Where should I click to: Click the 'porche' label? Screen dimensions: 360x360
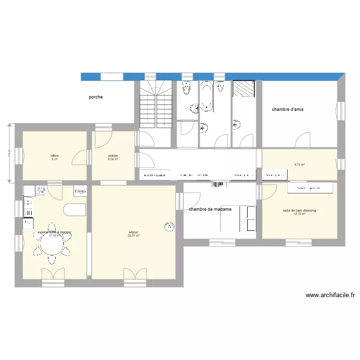point(96,97)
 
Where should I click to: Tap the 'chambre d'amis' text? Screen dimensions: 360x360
point(288,109)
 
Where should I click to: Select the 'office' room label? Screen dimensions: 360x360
point(54,156)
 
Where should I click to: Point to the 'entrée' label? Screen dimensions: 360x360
point(113,156)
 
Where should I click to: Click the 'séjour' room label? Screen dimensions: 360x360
point(133,232)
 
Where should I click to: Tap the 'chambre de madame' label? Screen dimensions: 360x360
point(210,209)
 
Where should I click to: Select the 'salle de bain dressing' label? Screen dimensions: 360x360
point(300,211)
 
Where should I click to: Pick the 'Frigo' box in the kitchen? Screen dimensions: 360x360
point(80,191)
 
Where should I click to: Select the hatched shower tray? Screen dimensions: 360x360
point(243,88)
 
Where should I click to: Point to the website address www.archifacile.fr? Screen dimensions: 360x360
point(329,295)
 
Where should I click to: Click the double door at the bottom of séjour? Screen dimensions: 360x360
point(134,274)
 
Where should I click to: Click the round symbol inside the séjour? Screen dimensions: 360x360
point(169,226)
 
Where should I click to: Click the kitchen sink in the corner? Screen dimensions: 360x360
point(28,191)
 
